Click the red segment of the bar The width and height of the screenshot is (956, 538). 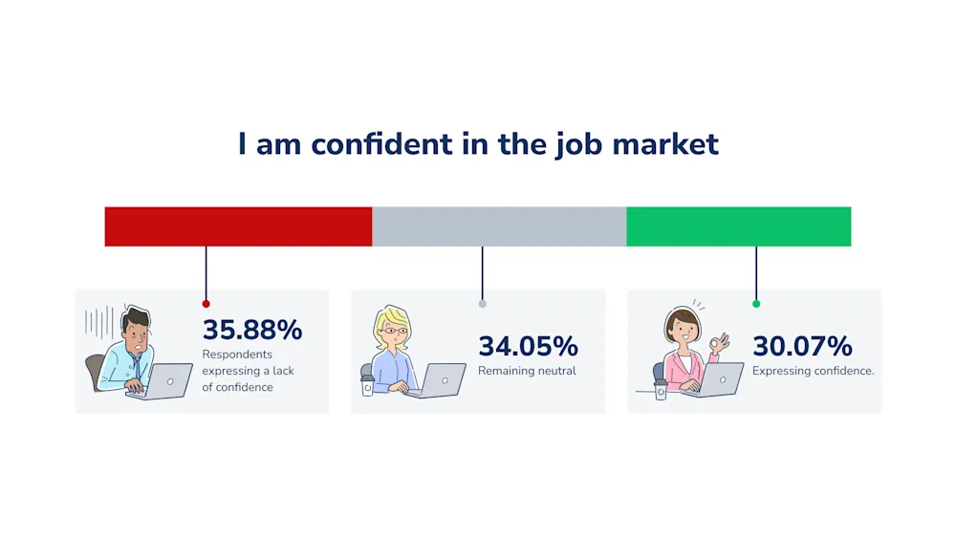(x=238, y=226)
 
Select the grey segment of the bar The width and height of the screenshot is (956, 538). (x=499, y=226)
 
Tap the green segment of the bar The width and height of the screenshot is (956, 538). (x=739, y=226)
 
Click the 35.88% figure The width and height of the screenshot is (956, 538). (x=252, y=330)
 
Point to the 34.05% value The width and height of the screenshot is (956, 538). (x=528, y=346)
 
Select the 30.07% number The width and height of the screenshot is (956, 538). (x=802, y=346)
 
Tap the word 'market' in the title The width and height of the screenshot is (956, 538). (x=665, y=144)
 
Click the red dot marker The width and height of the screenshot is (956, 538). (x=206, y=304)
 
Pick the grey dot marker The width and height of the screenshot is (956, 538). (x=482, y=304)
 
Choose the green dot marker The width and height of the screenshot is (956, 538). (x=756, y=304)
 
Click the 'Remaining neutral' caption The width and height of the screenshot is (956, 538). (x=527, y=371)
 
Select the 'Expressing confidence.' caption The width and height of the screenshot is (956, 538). (x=813, y=371)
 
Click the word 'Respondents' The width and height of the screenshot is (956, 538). (x=237, y=355)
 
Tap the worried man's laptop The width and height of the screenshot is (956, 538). (x=163, y=380)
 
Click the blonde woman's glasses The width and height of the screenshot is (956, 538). (x=394, y=332)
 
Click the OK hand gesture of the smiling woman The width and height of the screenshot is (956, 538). (x=720, y=344)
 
